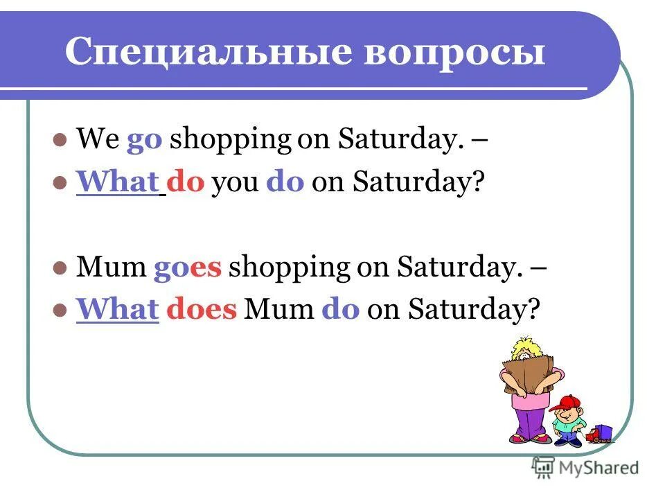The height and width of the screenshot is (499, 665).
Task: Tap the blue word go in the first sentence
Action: (144, 140)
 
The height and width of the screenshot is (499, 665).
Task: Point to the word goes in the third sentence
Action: (187, 268)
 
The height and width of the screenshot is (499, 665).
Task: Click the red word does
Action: (201, 310)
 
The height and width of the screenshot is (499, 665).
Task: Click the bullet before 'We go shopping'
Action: (60, 139)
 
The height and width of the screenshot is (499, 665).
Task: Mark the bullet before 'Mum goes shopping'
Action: (60, 267)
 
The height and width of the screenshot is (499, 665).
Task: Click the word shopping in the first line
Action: (231, 141)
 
